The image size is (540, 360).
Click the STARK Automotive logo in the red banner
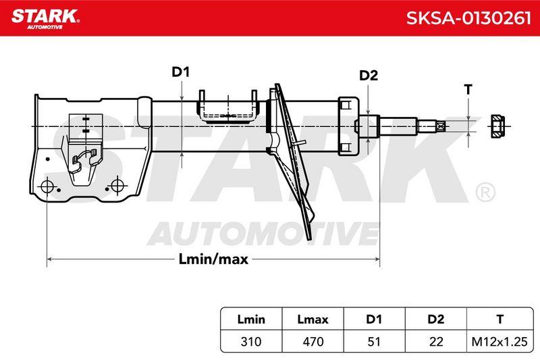[45, 19]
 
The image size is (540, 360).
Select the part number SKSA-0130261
[468, 18]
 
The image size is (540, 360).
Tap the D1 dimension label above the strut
[181, 72]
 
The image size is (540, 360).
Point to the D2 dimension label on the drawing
[369, 75]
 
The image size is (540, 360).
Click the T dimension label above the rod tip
[468, 90]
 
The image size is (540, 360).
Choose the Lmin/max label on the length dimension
[213, 259]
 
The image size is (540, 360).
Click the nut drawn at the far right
[497, 126]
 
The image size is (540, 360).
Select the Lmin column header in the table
[251, 319]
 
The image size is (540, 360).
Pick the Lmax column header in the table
[313, 319]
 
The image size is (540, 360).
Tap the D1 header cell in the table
[374, 319]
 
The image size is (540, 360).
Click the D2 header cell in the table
[435, 319]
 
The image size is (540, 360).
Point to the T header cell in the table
[500, 319]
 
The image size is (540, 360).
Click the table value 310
[251, 341]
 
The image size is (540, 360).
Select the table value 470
[313, 341]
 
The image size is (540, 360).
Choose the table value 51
[374, 341]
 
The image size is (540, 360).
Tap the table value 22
[435, 341]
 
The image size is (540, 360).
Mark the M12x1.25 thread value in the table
[500, 341]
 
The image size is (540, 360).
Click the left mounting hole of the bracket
[47, 187]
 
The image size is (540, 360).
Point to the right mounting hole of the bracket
[117, 186]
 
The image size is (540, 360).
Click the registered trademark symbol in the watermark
[485, 192]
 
